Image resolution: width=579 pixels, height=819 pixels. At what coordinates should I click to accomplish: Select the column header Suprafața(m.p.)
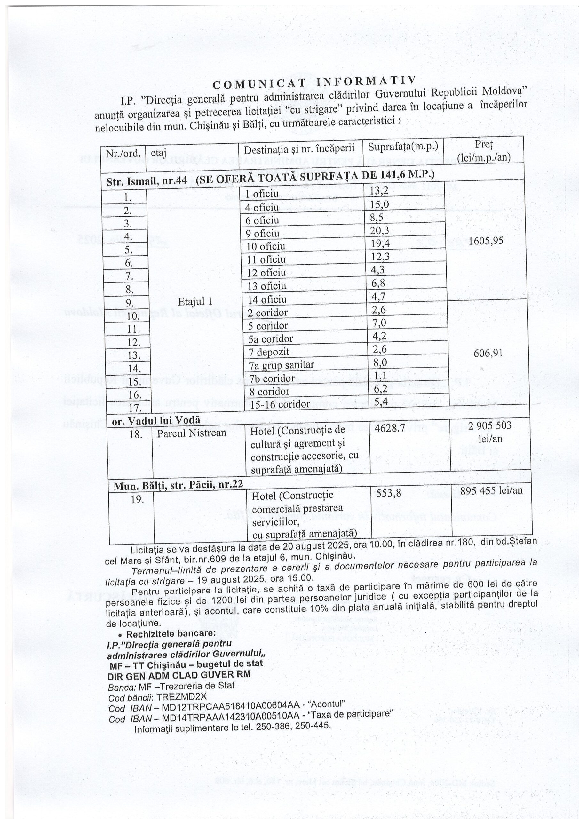pos(403,147)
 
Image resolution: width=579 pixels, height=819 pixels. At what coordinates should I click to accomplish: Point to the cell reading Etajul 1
pos(195,301)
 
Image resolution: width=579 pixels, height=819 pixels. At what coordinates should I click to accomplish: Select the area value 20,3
pos(379,231)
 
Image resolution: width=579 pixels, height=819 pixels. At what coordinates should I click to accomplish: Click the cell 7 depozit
pos(269,352)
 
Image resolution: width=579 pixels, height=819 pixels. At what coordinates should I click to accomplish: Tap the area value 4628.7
pos(390,428)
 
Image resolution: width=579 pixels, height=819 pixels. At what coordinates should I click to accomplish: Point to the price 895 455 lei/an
pos(491,491)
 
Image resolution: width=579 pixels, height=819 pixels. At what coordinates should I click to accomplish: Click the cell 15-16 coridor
pos(279,404)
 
